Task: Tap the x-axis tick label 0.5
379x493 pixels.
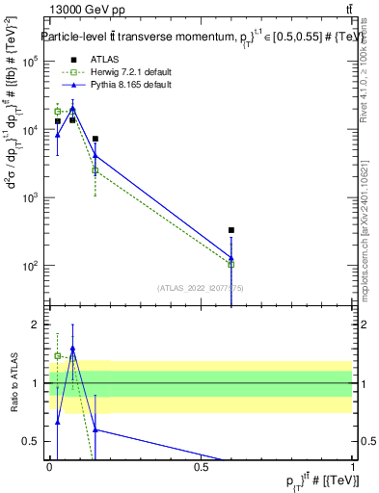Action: click(201, 468)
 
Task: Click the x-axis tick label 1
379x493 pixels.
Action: click(353, 468)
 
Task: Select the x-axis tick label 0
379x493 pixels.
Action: click(49, 468)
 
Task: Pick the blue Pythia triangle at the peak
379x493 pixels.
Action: click(72, 108)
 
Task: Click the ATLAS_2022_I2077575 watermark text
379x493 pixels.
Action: click(200, 286)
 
